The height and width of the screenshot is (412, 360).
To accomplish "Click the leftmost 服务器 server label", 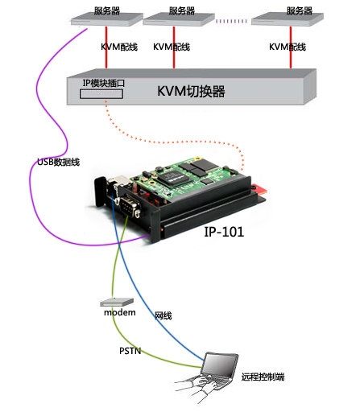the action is (x=107, y=10).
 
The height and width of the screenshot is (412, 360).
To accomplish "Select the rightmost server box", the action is (x=288, y=19).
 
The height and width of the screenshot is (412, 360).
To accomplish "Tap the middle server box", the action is (x=179, y=19).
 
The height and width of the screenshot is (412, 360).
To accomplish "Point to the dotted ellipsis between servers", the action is (x=231, y=21).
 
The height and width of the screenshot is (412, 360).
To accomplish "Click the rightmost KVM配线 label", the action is (x=288, y=47).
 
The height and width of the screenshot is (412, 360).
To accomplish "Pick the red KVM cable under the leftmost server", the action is (x=106, y=47).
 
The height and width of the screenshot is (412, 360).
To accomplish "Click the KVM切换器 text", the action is (x=191, y=91).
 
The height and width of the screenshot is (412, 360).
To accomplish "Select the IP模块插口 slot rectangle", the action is (x=101, y=94).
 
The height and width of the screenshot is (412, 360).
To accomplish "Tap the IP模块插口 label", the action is (x=104, y=83).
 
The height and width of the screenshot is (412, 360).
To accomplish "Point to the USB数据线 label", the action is (x=59, y=162).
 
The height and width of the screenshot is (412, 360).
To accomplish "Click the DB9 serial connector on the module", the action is (x=130, y=206).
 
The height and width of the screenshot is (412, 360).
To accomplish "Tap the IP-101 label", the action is (x=224, y=232).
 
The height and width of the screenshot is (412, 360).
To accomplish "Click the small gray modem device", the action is (x=117, y=302).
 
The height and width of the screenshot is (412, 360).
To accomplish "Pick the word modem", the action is (x=120, y=312).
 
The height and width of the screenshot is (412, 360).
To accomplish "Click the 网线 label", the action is (x=163, y=315).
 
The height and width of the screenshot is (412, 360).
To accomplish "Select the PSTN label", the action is (x=130, y=351).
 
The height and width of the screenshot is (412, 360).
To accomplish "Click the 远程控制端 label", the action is (x=263, y=377).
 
